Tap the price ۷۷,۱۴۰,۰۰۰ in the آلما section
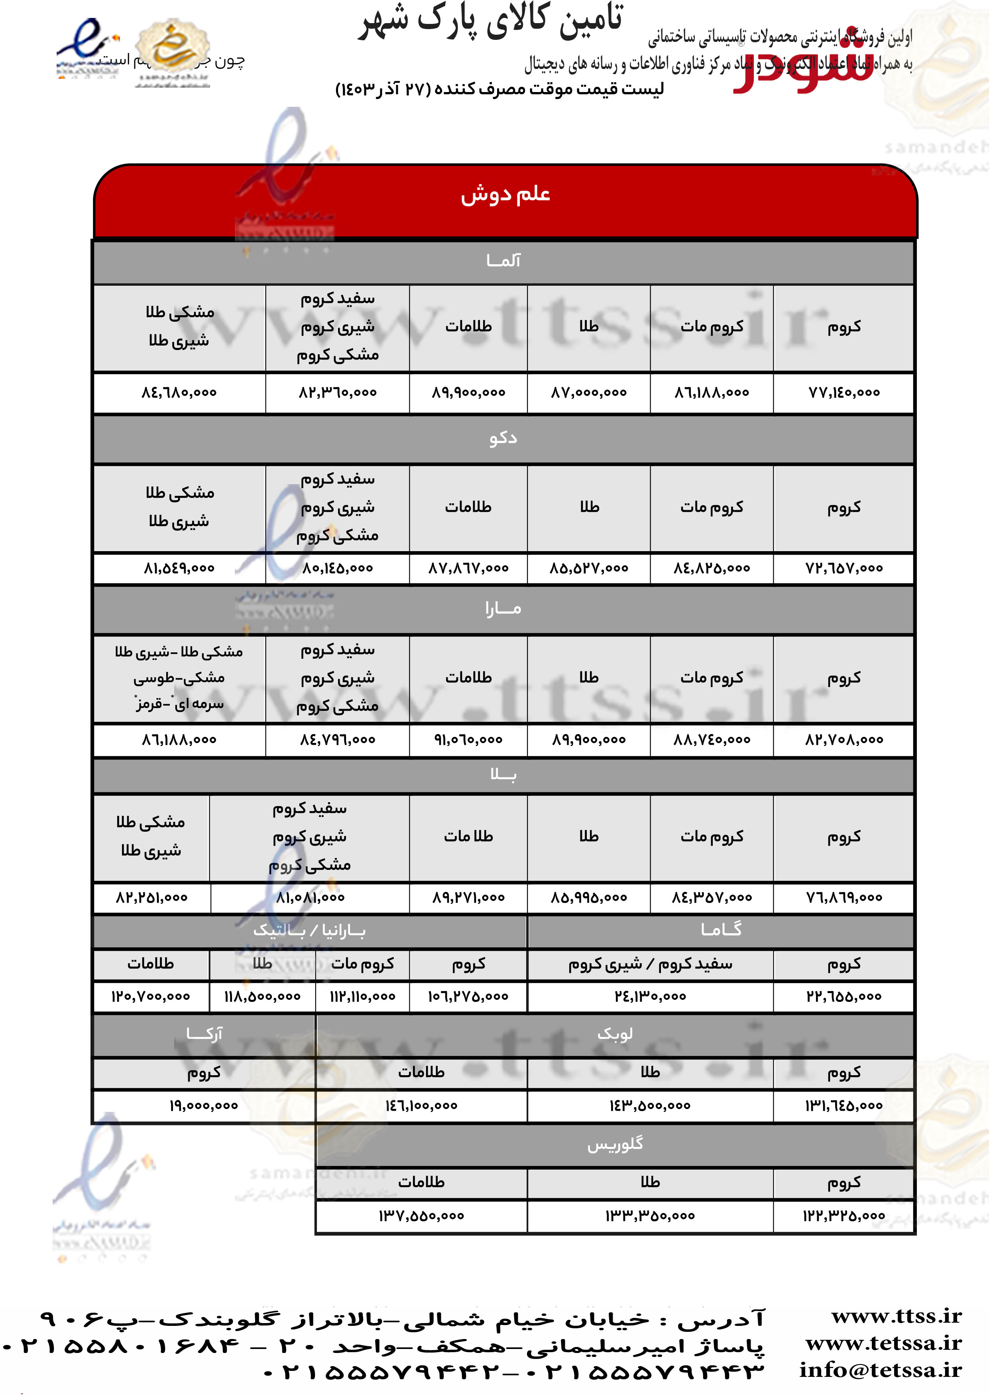[x=844, y=393]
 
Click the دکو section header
[x=503, y=438]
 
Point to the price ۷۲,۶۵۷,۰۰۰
[x=844, y=568]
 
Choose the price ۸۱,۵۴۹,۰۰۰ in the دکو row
[x=179, y=568]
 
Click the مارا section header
[x=503, y=609]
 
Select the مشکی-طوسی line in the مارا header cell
[x=179, y=678]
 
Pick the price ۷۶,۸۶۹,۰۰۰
[x=844, y=897]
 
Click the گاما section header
[x=721, y=930]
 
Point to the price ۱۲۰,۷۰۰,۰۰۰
[x=150, y=997]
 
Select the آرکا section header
[x=204, y=1034]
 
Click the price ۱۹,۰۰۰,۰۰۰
[x=204, y=1106]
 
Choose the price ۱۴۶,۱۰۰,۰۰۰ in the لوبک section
[x=421, y=1106]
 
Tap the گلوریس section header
[x=615, y=1145]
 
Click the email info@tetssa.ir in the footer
[x=881, y=1370]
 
